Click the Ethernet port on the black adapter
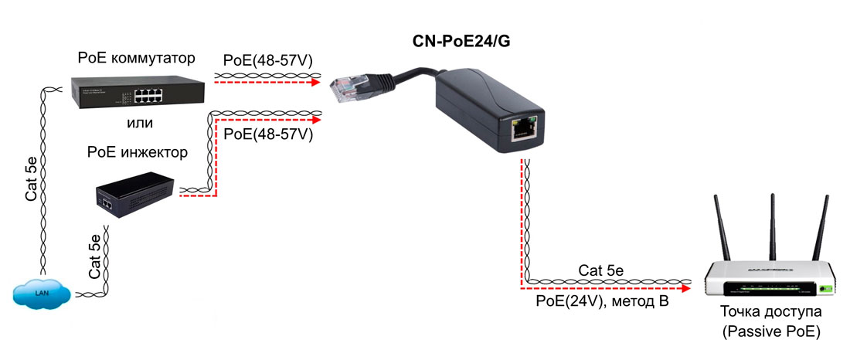(523, 130)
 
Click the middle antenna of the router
(772, 224)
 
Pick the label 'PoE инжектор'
(138, 152)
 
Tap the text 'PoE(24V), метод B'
(602, 301)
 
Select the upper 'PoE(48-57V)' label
(267, 59)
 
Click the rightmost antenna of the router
(821, 228)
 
